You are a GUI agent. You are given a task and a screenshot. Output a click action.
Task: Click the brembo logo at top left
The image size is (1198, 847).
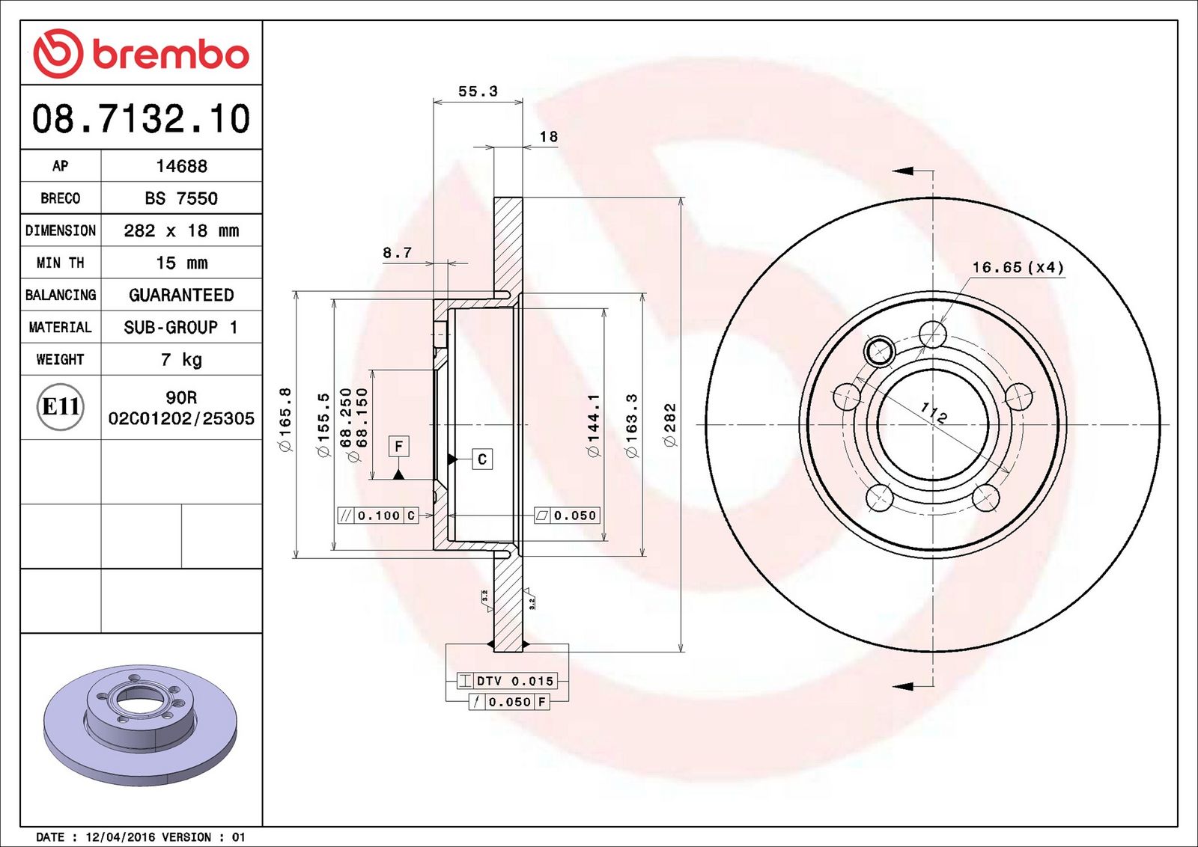pyautogui.click(x=142, y=54)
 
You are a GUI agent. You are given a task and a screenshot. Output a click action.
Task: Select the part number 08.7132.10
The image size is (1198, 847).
pyautogui.click(x=142, y=118)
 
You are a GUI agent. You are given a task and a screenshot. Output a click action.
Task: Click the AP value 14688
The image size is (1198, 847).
pyautogui.click(x=181, y=166)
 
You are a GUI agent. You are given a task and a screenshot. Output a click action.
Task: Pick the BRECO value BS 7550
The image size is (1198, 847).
pyautogui.click(x=181, y=198)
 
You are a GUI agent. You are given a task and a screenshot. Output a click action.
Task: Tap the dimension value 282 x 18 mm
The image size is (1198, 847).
pyautogui.click(x=181, y=231)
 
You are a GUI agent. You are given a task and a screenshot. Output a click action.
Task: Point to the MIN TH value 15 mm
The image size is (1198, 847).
pyautogui.click(x=181, y=263)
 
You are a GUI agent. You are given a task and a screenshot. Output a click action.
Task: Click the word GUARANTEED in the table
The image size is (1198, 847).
pyautogui.click(x=181, y=295)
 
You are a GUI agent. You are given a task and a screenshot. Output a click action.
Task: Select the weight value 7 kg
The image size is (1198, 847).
pyautogui.click(x=181, y=360)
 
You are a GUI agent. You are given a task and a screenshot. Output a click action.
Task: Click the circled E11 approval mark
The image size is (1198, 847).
pyautogui.click(x=61, y=407)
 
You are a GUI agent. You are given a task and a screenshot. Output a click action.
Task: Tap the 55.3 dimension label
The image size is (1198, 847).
pyautogui.click(x=478, y=91)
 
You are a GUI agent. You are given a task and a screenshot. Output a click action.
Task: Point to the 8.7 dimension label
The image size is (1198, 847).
pyautogui.click(x=398, y=252)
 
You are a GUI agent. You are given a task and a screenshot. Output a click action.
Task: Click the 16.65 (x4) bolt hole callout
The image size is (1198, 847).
pyautogui.click(x=1018, y=267)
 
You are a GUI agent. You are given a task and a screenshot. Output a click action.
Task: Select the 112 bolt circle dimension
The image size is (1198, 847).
pyautogui.click(x=934, y=412)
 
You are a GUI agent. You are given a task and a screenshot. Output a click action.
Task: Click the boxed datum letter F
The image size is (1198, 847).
pyautogui.click(x=399, y=446)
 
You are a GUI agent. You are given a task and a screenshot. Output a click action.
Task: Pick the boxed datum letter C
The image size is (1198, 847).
pyautogui.click(x=482, y=459)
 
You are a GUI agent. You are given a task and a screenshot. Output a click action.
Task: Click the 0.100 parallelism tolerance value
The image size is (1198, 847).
pyautogui.click(x=379, y=516)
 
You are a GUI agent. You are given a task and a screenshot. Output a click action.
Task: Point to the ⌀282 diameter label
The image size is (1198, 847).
pyautogui.click(x=669, y=425)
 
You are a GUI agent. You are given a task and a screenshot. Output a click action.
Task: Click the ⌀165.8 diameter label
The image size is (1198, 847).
pyautogui.click(x=286, y=420)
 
